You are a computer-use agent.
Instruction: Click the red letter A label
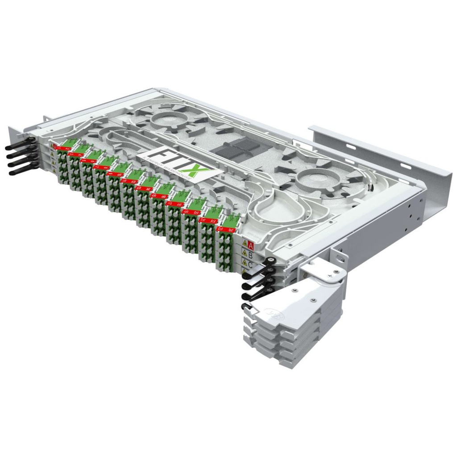[x=251, y=245]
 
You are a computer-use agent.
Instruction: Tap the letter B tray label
[x=250, y=255]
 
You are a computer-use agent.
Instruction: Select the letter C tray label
[x=251, y=265]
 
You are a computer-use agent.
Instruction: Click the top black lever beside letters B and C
[x=259, y=270]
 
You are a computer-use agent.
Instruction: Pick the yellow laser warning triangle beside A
[x=244, y=243]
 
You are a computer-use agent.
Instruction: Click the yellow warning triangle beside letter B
[x=244, y=254]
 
